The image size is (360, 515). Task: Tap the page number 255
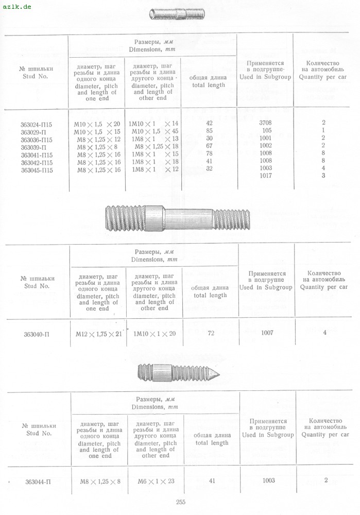[x=180, y=502]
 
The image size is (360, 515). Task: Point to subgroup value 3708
[x=266, y=124]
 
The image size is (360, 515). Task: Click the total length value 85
[x=209, y=131]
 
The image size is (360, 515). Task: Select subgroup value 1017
[x=266, y=176]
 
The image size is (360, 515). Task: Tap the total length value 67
[x=209, y=146]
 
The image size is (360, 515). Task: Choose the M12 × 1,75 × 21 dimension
[x=98, y=334]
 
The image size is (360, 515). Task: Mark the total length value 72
[x=211, y=333]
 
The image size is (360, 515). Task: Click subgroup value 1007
[x=267, y=333]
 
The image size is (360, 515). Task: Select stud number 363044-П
[x=38, y=482]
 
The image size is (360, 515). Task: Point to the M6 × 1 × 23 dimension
[x=157, y=481]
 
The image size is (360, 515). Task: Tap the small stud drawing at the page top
[x=178, y=14]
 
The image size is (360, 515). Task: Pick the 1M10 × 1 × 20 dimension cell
[x=155, y=334]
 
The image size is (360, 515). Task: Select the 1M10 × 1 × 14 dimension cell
[x=155, y=124]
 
